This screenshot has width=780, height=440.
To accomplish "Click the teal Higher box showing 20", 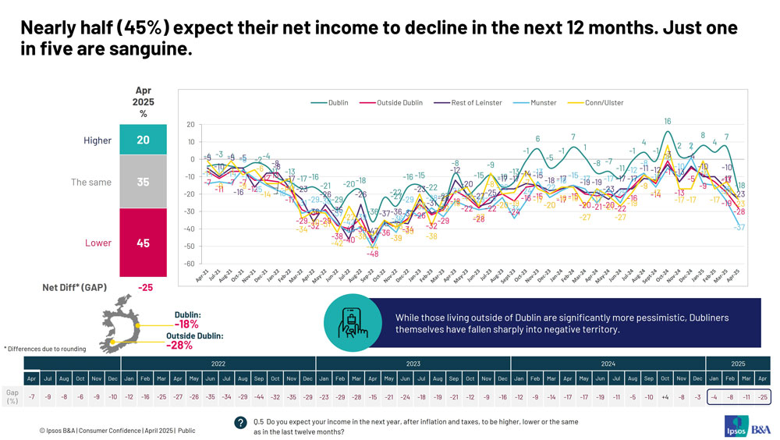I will point(143,140).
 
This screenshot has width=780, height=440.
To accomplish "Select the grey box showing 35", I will point(143,182).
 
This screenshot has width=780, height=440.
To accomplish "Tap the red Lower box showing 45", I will point(143,243).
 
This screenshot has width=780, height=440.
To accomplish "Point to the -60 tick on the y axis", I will point(190,264).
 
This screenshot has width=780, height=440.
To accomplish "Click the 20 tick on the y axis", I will point(190,125).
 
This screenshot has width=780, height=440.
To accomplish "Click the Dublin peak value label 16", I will point(668,121).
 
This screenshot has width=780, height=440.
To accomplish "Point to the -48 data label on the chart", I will point(373,254).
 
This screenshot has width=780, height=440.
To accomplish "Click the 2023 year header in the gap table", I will point(413,364).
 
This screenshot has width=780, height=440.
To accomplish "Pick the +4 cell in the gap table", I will point(665,397).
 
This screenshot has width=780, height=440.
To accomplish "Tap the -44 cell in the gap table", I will point(259,397).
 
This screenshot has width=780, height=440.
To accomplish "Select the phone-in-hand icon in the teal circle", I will point(353,323).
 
